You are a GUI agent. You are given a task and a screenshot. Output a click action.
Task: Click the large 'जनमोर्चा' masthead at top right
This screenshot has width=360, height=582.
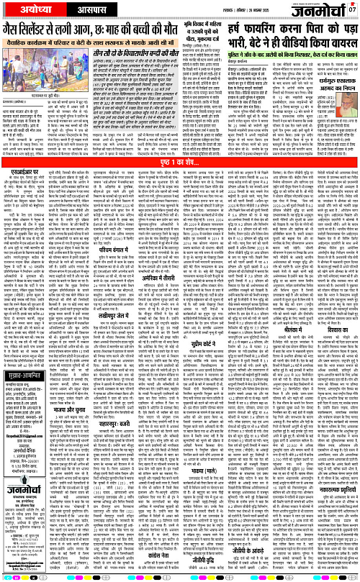coord(321,10)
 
